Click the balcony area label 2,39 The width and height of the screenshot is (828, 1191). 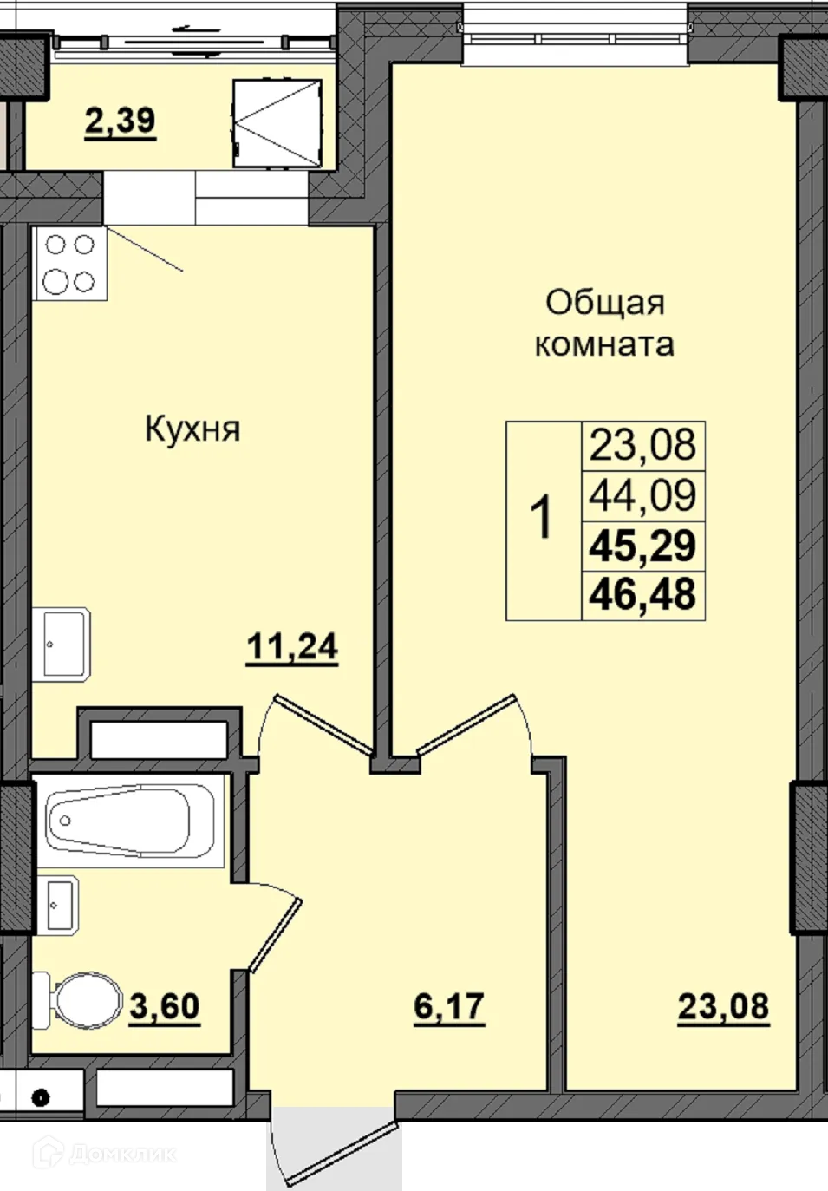120,121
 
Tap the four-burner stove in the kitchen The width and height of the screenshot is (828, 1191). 70,264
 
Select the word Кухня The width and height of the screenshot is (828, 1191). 192,429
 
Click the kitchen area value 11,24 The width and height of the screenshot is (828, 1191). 292,647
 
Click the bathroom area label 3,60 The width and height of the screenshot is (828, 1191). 165,1007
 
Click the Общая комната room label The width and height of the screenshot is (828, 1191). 604,324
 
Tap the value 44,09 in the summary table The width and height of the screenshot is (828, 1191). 642,496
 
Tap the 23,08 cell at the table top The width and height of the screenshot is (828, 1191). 642,446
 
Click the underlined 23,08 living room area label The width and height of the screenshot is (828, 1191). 723,1007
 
